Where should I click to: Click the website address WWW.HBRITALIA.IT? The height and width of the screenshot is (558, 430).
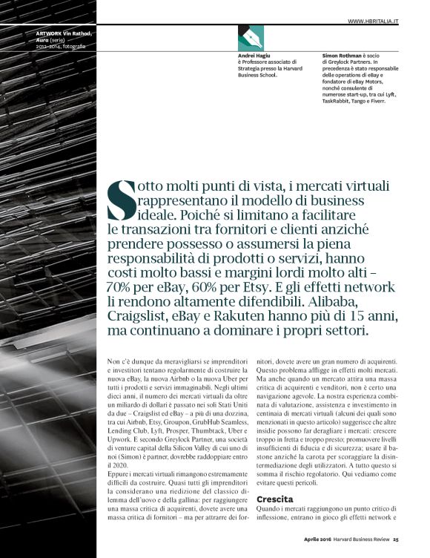[374, 22]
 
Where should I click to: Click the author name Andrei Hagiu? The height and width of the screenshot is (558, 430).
[253, 56]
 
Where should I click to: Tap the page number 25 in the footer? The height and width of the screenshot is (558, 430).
[396, 539]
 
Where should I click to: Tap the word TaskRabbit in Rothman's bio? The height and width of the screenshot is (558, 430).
[339, 101]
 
